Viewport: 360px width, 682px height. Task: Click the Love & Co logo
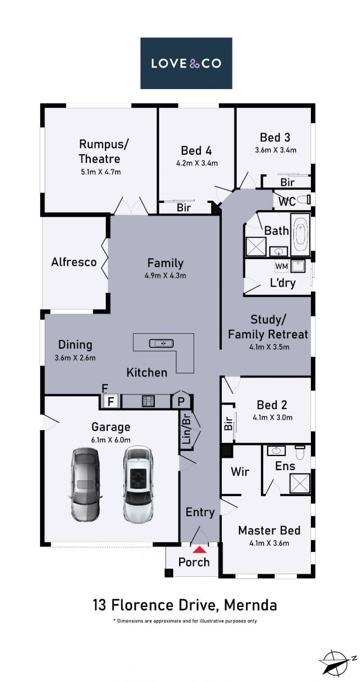(x=186, y=63)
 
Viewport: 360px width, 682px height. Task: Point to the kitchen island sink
(x=162, y=343)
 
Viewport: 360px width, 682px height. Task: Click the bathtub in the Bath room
(x=300, y=234)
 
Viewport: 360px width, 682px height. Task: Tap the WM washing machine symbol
(x=281, y=266)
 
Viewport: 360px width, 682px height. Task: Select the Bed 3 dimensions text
(x=276, y=150)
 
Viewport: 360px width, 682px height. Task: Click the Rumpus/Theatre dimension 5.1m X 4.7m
(x=100, y=172)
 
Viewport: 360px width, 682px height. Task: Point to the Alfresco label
(x=74, y=262)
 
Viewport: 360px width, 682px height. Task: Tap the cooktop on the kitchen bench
(x=148, y=401)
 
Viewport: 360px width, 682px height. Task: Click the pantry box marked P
(x=181, y=401)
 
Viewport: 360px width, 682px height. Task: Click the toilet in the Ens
(x=300, y=453)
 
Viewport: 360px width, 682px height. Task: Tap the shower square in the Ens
(x=300, y=483)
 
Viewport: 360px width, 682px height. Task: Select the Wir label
(x=240, y=471)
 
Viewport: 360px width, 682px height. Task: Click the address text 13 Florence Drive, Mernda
(x=185, y=605)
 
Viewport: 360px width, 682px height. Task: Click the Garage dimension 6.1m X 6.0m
(x=111, y=440)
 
